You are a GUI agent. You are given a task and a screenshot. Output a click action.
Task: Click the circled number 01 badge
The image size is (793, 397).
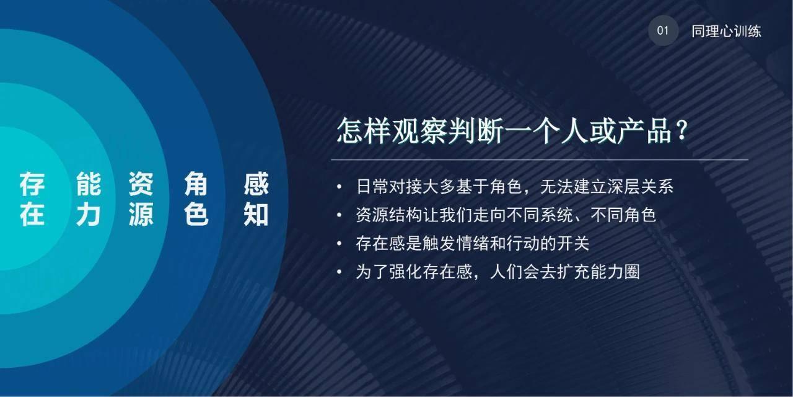pos(663,31)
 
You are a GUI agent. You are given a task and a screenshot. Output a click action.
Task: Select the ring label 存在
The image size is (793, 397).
pos(32,200)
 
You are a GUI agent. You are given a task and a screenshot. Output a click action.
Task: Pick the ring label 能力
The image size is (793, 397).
pos(89,200)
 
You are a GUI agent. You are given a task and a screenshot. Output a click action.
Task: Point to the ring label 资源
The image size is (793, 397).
pos(141,200)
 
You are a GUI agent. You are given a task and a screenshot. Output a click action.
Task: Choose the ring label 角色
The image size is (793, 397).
pos(196,200)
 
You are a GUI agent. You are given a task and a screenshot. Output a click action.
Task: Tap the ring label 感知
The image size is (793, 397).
pos(256,200)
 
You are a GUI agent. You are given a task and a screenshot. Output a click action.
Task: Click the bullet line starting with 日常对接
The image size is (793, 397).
pos(514,187)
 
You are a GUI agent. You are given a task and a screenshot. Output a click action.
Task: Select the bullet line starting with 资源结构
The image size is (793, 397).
pos(506,215)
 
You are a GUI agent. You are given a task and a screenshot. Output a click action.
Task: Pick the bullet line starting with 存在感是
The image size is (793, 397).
pos(472,244)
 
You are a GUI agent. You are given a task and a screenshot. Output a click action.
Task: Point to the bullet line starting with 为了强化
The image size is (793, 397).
pos(497,272)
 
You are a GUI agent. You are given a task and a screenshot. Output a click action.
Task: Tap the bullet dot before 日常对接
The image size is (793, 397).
pos(339,187)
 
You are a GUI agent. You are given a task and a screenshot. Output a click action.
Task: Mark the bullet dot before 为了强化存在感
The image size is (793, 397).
pos(339,272)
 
